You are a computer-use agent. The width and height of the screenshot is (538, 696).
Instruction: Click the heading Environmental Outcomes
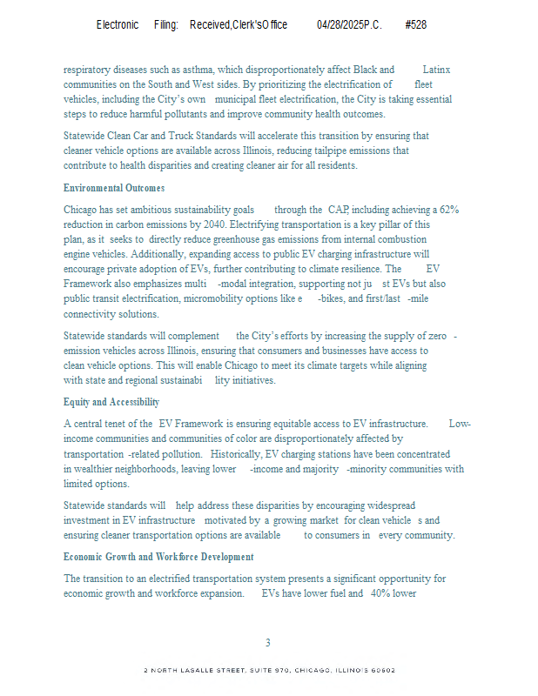coord(114,188)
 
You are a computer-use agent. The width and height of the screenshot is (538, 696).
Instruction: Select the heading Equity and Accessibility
coord(111,402)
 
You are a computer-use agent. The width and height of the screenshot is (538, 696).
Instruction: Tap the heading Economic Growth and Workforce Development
coord(158,557)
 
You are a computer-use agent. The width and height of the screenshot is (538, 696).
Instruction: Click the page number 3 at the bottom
coord(268,643)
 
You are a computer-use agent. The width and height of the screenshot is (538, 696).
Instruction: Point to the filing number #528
coord(415,25)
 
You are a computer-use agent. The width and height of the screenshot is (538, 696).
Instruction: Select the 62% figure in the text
coord(449,210)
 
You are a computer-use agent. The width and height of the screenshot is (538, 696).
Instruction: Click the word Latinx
coord(436,70)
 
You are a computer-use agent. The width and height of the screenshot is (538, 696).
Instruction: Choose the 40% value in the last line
coord(380,593)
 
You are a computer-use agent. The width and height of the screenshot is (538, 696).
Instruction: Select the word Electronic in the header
coord(118,25)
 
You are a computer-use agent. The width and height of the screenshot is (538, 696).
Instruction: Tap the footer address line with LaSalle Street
coord(269,671)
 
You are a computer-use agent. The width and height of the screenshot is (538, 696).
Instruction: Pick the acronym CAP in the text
coord(338,210)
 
